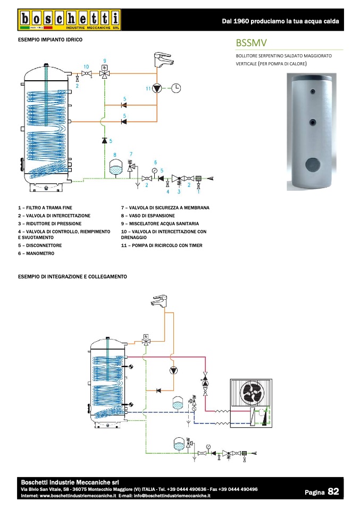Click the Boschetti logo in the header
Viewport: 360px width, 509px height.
70,20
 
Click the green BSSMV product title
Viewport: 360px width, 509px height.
251,43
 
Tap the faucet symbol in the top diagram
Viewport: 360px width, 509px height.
163,60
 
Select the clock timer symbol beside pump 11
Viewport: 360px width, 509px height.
176,88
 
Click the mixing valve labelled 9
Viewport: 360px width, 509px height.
105,72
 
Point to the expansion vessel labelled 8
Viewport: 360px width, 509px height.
115,168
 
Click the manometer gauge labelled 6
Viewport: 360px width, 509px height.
154,171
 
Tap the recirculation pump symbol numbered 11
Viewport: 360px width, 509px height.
157,88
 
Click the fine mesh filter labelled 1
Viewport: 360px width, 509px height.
198,178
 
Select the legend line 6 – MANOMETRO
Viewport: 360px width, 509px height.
36,253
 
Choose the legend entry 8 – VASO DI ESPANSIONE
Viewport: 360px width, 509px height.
148,216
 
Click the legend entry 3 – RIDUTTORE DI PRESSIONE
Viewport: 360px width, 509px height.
49,224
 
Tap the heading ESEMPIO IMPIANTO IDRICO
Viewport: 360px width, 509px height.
50,40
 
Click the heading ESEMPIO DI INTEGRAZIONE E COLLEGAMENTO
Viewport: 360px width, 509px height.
72,277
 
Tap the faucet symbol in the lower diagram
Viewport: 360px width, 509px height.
160,301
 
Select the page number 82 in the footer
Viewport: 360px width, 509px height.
333,491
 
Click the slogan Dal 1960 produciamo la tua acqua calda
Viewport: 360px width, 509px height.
280,21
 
